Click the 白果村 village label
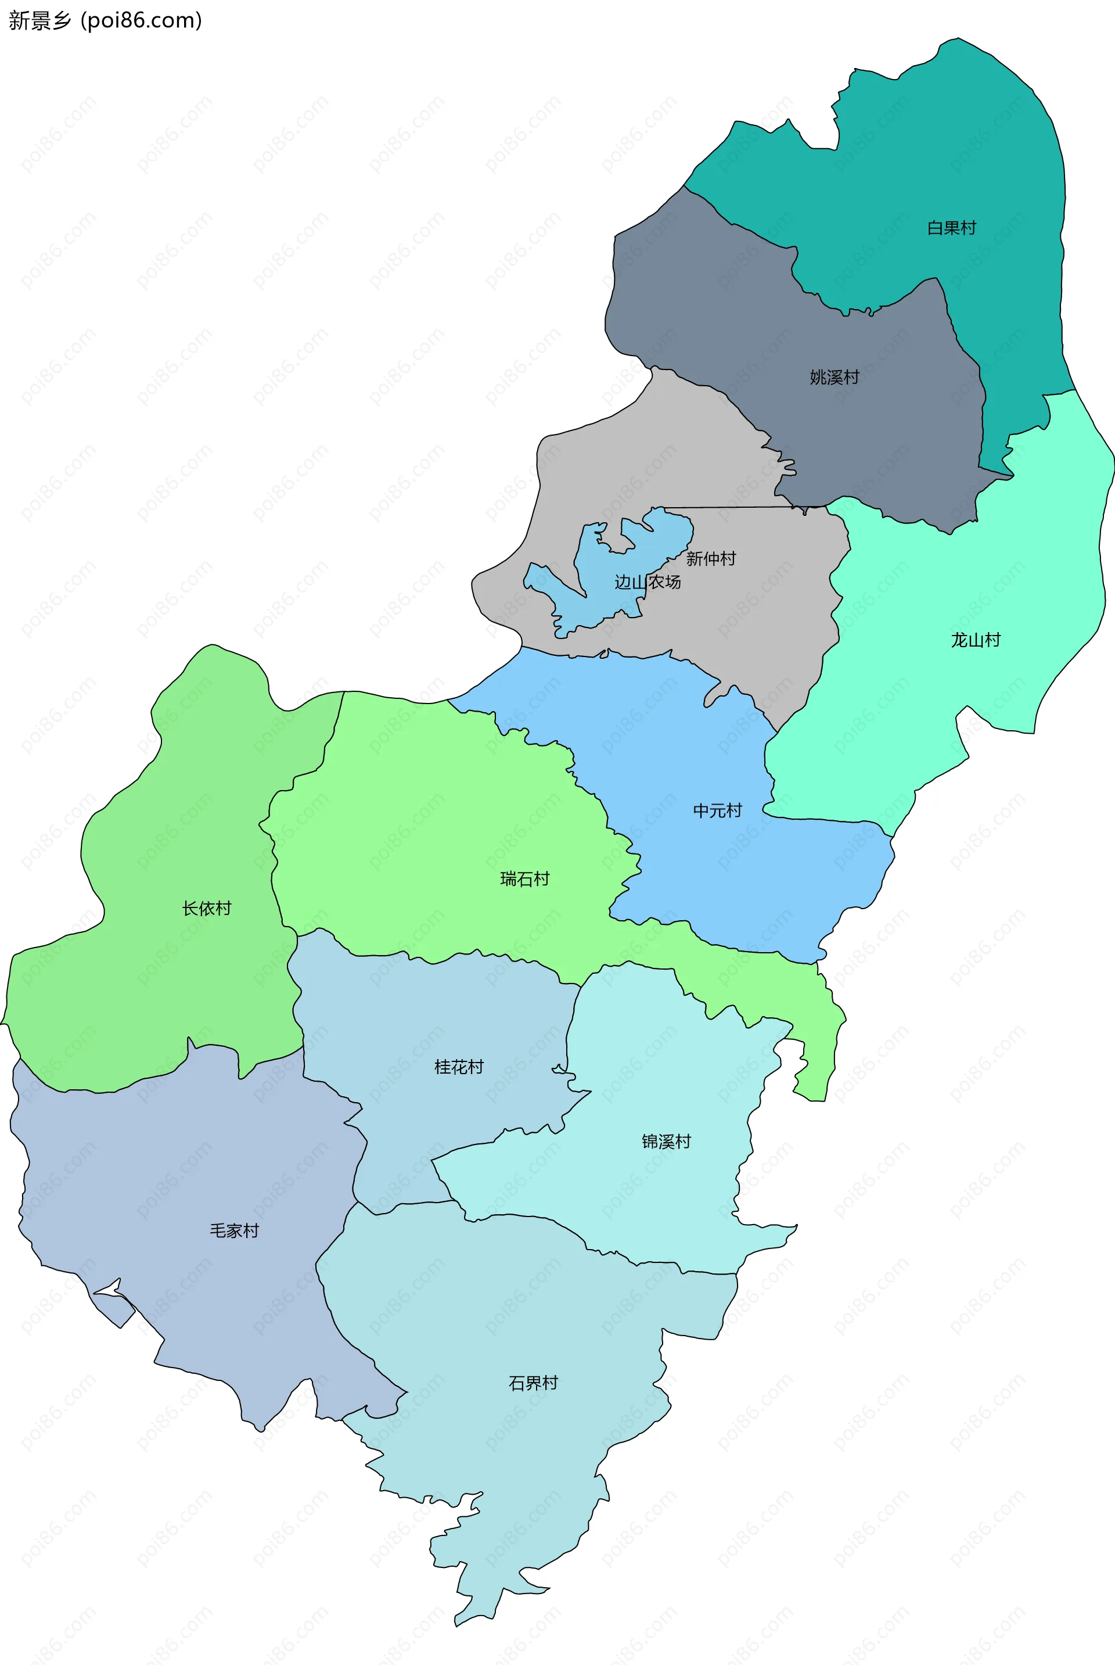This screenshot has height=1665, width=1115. point(951,228)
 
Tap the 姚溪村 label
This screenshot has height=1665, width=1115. point(834,377)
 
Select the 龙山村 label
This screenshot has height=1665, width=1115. point(976,640)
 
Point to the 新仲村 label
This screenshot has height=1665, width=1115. point(710,558)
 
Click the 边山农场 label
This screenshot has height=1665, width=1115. point(647,582)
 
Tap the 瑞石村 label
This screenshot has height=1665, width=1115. point(525,878)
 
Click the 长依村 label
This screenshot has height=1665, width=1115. point(206,908)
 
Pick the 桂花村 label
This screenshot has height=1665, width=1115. point(459,1067)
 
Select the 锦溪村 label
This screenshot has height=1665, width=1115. point(666,1142)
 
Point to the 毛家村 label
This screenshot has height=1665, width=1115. point(234,1230)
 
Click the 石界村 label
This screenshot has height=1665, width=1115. point(533,1383)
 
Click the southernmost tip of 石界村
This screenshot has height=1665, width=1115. point(459,1624)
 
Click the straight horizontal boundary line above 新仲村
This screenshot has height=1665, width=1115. point(732,507)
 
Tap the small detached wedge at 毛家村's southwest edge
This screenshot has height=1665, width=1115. point(114,1309)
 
